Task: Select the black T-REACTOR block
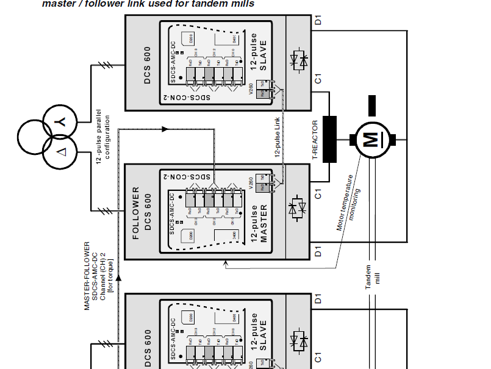point(330,138)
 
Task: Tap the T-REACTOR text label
point(315,140)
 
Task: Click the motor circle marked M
point(370,139)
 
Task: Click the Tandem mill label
point(372,281)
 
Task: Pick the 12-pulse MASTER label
point(259,223)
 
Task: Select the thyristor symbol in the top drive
point(298,60)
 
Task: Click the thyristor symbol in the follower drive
point(298,209)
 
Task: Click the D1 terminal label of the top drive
point(317,20)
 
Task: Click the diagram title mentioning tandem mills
point(148,4)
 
